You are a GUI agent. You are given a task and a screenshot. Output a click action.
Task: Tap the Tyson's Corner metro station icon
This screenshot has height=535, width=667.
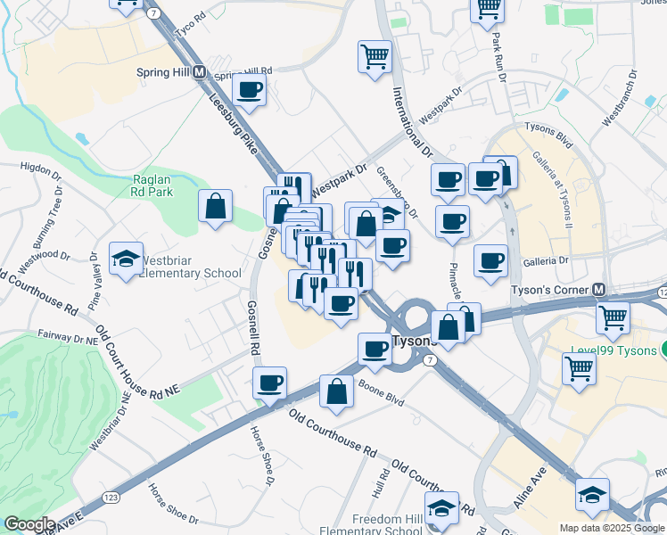598,291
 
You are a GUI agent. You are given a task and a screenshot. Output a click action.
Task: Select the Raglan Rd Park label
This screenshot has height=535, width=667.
145,185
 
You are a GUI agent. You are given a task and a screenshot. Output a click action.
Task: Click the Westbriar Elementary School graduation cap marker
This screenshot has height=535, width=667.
126,259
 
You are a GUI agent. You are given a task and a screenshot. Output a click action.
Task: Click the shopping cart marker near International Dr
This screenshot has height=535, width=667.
375,57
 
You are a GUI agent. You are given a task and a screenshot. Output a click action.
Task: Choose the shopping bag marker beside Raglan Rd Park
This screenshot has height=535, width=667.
215,207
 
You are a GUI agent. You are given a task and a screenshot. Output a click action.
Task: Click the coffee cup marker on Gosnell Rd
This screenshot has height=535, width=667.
269,383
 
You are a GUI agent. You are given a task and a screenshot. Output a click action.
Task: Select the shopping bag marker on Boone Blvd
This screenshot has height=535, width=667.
336,392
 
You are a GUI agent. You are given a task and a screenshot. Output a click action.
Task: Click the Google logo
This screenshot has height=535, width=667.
29,524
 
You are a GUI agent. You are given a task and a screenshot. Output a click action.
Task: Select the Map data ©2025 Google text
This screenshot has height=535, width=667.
611,528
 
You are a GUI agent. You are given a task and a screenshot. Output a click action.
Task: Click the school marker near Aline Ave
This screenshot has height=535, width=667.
592,496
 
